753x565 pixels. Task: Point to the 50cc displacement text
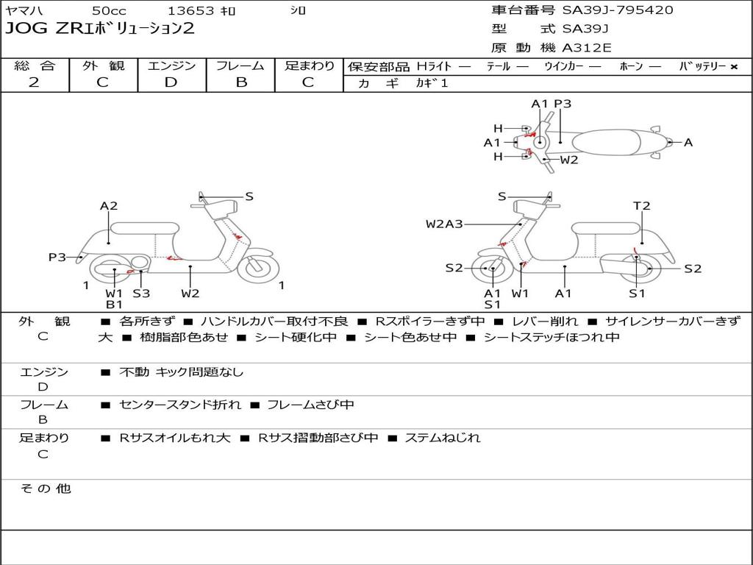click(109, 11)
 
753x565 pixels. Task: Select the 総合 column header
click(35, 66)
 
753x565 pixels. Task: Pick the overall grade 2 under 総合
click(34, 82)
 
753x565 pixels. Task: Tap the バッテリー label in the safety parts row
click(702, 67)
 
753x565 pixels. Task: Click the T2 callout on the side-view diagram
click(642, 206)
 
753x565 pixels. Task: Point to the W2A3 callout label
click(444, 224)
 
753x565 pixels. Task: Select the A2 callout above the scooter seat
click(109, 206)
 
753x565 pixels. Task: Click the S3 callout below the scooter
click(141, 294)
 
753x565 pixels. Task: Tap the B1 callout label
click(114, 305)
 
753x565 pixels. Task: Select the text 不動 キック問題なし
click(181, 372)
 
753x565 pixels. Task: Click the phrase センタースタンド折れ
click(180, 405)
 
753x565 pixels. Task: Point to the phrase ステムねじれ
click(443, 438)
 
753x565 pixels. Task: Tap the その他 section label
click(45, 488)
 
